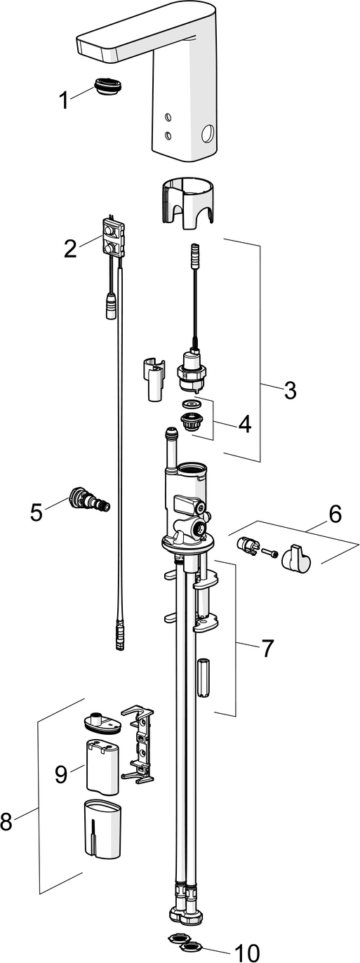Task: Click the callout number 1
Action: tap(64, 101)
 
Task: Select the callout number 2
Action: tap(70, 248)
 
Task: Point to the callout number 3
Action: tap(290, 390)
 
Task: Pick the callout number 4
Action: tap(244, 424)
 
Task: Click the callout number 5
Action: tap(36, 512)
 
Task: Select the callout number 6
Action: tap(335, 514)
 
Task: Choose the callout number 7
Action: tap(267, 649)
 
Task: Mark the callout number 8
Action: tap(6, 821)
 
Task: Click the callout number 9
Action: tap(62, 773)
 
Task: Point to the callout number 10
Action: tap(246, 952)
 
